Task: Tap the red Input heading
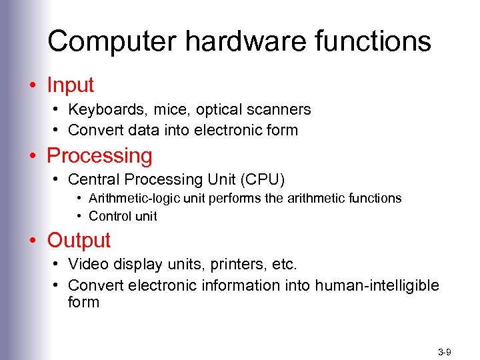coord(71,85)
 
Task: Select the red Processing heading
coord(99,156)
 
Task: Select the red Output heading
coord(79,240)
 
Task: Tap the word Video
coord(87,265)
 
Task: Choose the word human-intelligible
coord(377,285)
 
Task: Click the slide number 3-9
coord(445,351)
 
